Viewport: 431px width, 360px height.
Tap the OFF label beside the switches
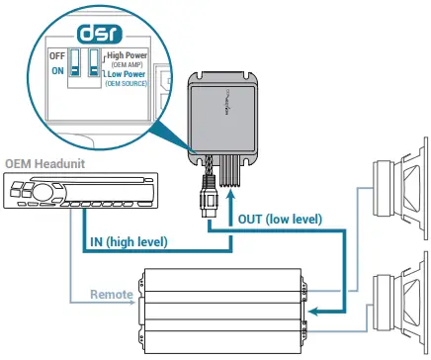click(56, 56)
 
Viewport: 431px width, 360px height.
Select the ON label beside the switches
click(57, 70)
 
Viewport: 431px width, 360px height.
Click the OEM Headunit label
click(46, 162)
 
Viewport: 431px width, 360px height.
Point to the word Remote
click(111, 295)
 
